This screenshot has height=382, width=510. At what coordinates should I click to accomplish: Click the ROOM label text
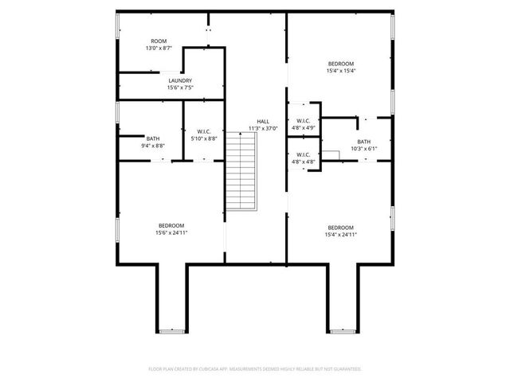coord(159,41)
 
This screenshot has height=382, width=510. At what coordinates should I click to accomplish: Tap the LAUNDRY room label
coord(179,80)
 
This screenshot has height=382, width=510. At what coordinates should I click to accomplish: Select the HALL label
coord(262,121)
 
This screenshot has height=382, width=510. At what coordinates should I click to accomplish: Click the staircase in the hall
coord(242,171)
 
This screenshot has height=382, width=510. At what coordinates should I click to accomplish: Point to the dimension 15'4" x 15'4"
coord(340,71)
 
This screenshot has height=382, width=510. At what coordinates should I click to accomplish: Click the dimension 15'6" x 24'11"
coord(171,233)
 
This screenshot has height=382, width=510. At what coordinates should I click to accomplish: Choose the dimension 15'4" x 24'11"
coord(340,235)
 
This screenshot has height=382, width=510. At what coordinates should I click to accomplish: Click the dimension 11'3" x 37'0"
coord(262,128)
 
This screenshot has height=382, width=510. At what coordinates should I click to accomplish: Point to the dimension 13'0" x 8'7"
coord(159,48)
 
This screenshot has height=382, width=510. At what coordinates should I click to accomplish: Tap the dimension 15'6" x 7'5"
coord(179,88)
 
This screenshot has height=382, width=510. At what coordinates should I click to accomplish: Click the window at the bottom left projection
coord(171,330)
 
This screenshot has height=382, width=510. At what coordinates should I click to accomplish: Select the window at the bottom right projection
coord(340,330)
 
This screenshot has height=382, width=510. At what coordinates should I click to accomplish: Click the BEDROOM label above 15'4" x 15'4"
coord(340,64)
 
